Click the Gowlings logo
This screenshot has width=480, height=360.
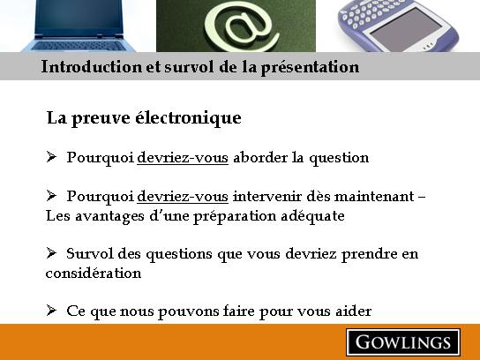[403, 342]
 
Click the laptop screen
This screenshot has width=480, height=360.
[79, 18]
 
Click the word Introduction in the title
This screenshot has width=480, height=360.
[92, 67]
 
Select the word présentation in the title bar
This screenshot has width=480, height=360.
[310, 67]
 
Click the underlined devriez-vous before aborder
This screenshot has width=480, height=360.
[183, 158]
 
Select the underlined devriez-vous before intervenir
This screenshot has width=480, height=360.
[183, 196]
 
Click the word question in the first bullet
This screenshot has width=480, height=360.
[339, 159]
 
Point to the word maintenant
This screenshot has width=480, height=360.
[374, 196]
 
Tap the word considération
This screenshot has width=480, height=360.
[94, 273]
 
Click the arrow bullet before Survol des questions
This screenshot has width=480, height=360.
[51, 253]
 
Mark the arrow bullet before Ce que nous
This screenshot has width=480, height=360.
[51, 310]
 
